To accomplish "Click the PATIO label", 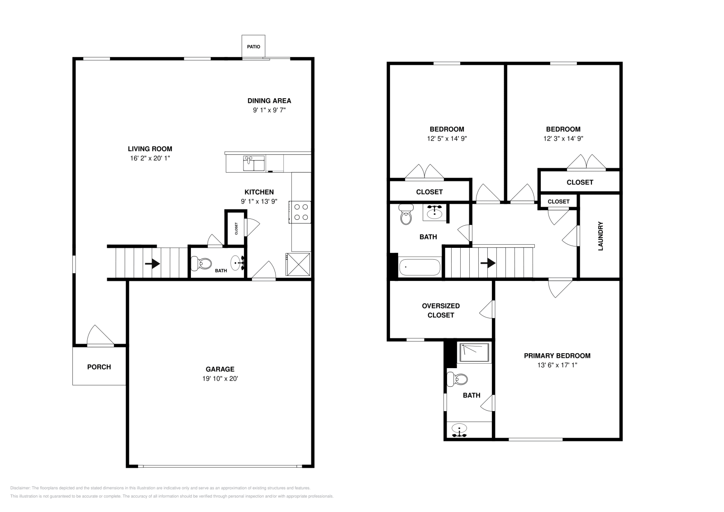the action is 253,47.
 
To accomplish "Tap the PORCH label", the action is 99,367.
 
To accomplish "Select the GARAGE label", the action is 220,369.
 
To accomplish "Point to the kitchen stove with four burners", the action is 300,212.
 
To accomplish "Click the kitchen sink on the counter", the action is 254,163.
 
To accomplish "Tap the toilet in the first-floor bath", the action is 201,264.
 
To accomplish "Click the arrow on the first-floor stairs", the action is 152,264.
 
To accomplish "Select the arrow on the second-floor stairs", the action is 488,263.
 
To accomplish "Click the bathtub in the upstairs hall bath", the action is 419,267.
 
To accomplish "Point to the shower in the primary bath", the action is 474,353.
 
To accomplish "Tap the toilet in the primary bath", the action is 457,379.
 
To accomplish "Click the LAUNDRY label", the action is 600,236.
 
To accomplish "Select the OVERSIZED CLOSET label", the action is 441,310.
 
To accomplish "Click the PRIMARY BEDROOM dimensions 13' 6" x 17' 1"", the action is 557,365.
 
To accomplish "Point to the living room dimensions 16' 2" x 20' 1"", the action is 150,158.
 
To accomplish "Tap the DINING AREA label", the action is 269,101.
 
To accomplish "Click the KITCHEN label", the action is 259,192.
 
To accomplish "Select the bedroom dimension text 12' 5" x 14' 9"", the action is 447,138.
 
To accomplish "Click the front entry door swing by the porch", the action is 100,336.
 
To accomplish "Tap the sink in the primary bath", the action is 459,430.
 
